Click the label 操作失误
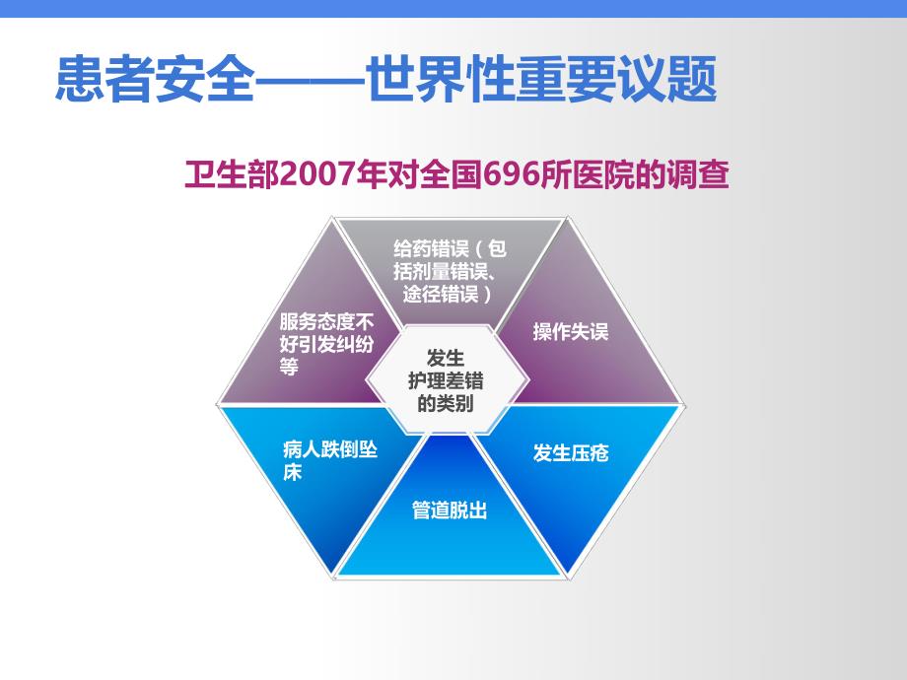point(571,331)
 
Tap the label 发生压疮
point(571,453)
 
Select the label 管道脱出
point(450,510)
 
